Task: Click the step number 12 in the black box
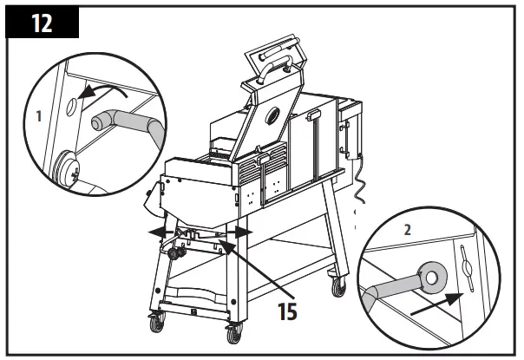pyautogui.click(x=42, y=23)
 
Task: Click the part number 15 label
pyautogui.click(x=281, y=310)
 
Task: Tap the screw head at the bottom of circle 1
pyautogui.click(x=66, y=168)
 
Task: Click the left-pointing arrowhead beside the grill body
pyautogui.click(x=153, y=232)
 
